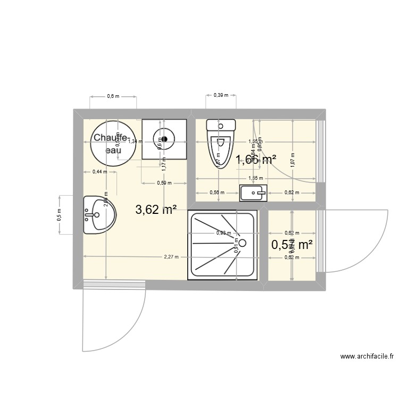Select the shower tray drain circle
click(243, 243)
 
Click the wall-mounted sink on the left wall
click(98, 215)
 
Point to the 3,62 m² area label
click(156, 210)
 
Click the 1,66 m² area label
click(256, 159)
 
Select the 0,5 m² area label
click(291, 245)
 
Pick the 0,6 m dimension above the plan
click(113, 96)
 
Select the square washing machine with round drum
click(164, 139)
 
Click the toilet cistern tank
click(221, 126)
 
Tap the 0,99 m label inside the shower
click(223, 232)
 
